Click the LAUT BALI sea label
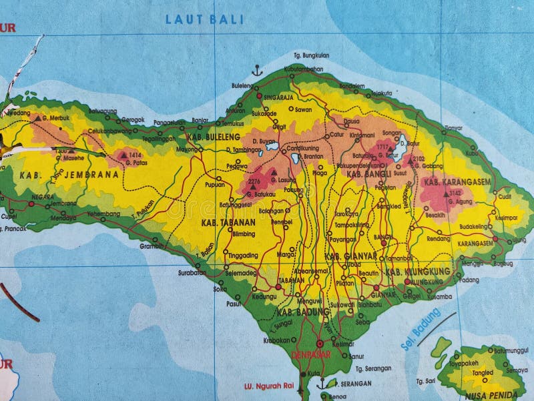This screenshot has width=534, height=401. (204, 19)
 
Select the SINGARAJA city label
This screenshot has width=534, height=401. (280, 96)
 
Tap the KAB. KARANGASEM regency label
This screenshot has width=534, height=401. (457, 181)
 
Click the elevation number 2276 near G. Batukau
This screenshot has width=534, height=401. (254, 181)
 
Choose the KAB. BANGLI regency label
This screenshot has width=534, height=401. (368, 174)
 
